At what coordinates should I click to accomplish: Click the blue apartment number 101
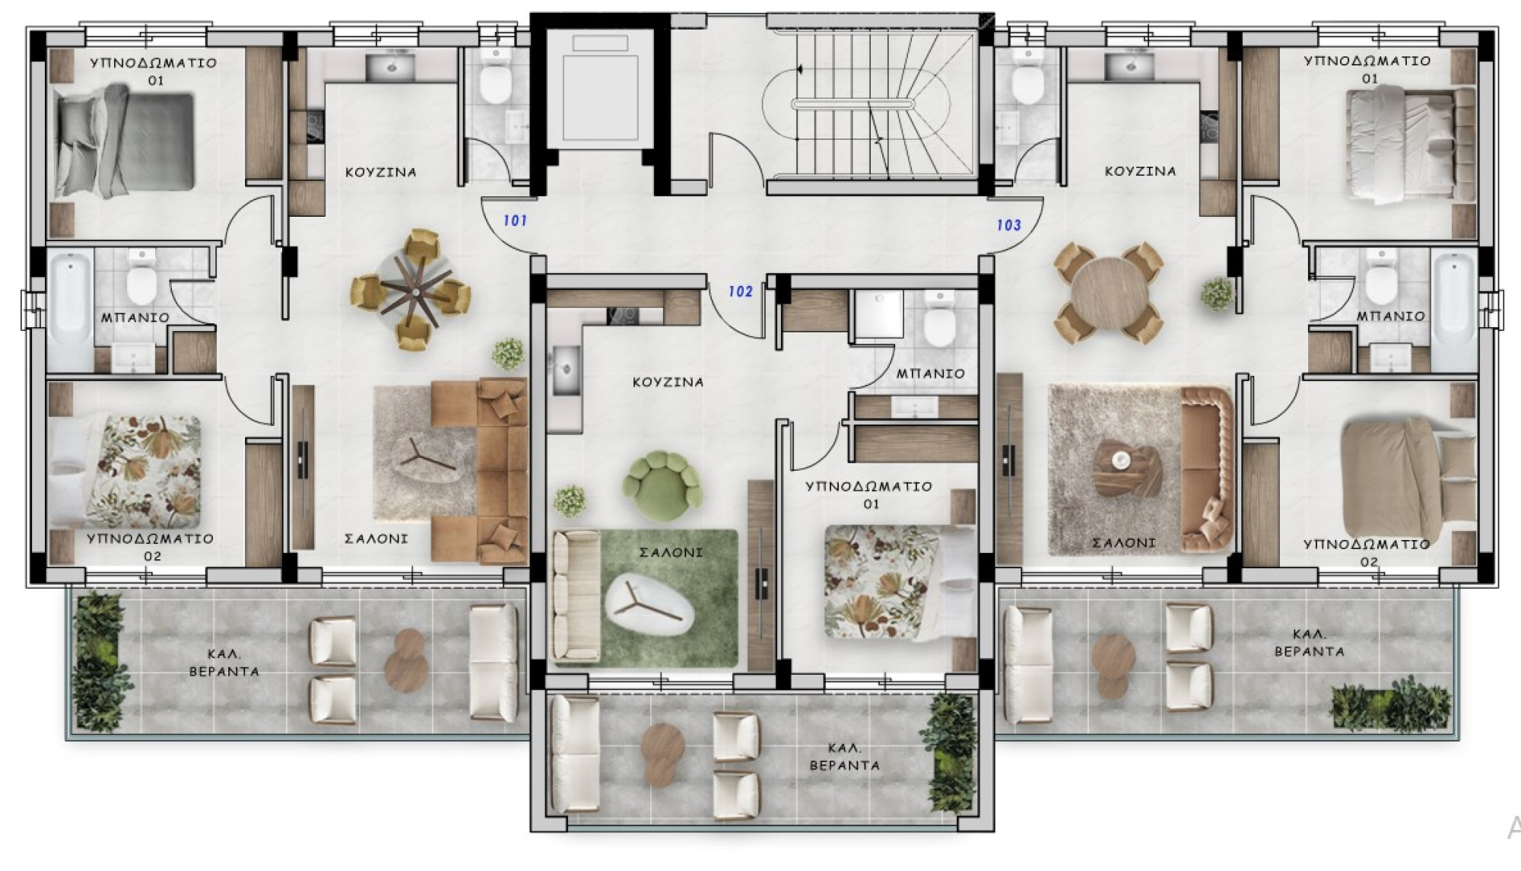tap(515, 221)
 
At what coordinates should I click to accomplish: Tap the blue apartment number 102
tap(740, 291)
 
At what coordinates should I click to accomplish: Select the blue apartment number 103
tap(1008, 225)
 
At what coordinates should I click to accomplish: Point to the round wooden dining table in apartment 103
tap(1108, 294)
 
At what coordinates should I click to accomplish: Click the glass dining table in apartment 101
tap(411, 289)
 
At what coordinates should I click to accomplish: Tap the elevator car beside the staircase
tap(600, 87)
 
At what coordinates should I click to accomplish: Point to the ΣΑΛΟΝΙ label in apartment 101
tap(376, 539)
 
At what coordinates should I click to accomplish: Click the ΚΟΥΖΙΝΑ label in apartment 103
tap(1140, 172)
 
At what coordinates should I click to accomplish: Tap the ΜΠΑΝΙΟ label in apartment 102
tap(930, 374)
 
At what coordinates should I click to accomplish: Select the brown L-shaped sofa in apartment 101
tap(480, 472)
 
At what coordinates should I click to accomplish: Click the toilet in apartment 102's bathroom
tap(940, 320)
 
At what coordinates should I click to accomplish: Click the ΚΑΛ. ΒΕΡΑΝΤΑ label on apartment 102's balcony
tap(844, 757)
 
